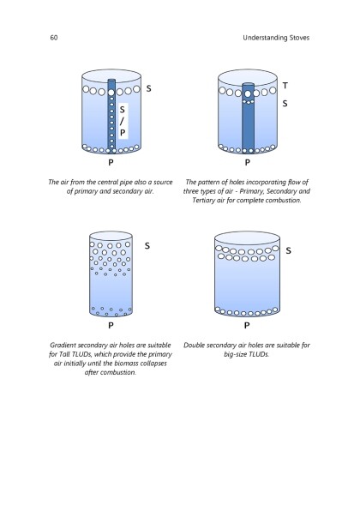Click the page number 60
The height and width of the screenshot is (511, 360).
pos(54,38)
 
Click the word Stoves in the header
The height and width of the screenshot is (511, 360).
pos(299,38)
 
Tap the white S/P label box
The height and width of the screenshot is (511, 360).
pos(123,121)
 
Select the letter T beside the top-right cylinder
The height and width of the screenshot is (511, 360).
pos(285,86)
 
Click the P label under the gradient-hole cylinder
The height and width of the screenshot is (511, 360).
pos(111,325)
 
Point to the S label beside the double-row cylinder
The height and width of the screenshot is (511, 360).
pos(288,250)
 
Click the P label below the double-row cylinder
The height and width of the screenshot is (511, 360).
pos(247,325)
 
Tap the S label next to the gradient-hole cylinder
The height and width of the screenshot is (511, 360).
pos(147,246)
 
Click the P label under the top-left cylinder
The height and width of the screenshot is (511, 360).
pos(111,162)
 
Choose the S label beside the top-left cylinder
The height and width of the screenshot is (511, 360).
pos(148,88)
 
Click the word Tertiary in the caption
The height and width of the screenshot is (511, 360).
pos(204,200)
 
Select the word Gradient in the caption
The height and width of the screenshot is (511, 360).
pos(63,346)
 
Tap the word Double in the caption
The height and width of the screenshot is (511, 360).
pos(195,346)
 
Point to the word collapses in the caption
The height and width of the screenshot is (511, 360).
pos(153,364)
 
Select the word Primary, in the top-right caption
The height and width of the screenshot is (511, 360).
pos(251,191)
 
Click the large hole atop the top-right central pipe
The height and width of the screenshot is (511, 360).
pos(248,93)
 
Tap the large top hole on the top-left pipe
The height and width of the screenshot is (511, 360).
pos(111,93)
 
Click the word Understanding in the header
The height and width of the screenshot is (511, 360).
pos(265,38)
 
